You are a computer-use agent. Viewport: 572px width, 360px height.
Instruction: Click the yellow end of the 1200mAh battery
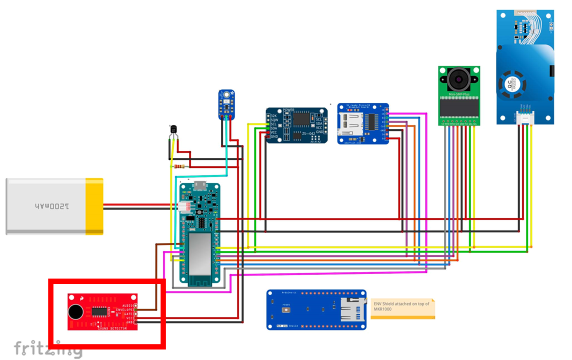(x=94, y=206)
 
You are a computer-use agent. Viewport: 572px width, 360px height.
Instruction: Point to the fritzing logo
(x=47, y=349)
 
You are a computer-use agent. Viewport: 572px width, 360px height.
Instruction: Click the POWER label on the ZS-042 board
(x=288, y=110)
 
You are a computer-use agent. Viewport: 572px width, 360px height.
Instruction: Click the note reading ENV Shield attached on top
(x=402, y=306)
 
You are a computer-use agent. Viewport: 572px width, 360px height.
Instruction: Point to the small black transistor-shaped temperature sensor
(x=173, y=130)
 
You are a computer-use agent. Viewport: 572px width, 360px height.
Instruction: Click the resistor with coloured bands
(x=179, y=166)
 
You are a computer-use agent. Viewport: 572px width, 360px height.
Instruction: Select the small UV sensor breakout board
(x=226, y=103)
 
